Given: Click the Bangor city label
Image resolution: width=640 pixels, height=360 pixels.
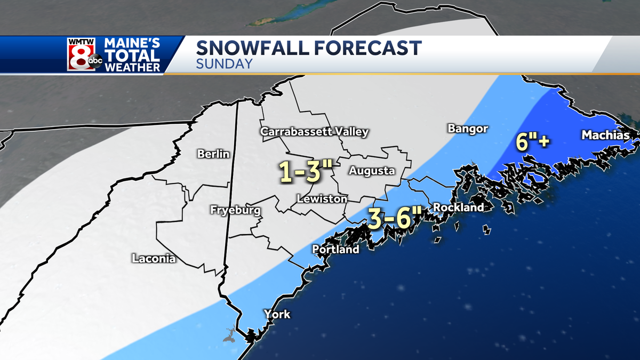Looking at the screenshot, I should tap(468, 129).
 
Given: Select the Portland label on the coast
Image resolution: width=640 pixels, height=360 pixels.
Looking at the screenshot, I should tap(335, 249).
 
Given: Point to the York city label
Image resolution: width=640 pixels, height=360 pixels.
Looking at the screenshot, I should tap(277, 314).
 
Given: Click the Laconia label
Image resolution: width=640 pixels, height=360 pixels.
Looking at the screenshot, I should tap(154, 259).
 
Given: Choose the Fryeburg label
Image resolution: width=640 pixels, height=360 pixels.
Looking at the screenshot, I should tap(235, 211).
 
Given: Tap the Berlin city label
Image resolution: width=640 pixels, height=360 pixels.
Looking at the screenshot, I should tap(213, 154).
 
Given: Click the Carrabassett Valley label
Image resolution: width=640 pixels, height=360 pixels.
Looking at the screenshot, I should tap(314, 132).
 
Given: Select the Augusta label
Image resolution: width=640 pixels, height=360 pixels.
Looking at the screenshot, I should tap(372, 171).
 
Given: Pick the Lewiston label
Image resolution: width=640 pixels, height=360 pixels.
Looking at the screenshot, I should tap(322, 199).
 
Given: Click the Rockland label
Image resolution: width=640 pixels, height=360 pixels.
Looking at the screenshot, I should tap(458, 207).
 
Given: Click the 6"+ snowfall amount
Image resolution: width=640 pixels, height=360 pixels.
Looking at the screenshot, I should tap(533, 141).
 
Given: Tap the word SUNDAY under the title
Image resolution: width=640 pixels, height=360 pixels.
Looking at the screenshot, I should tap(224, 65).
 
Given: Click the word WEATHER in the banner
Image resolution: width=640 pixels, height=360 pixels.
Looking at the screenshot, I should tap(132, 67).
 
